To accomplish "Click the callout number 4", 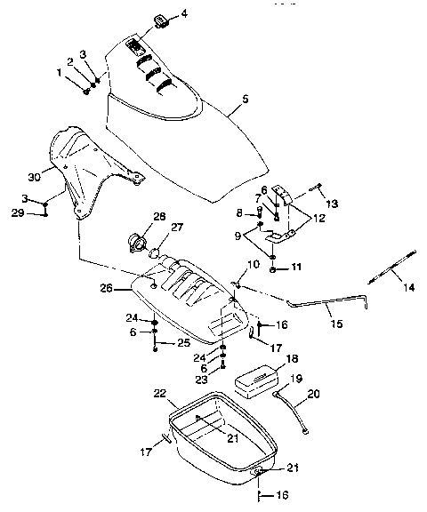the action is click(x=184, y=14).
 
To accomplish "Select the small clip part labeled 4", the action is click(x=161, y=21).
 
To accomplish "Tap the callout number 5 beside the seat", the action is click(x=245, y=99).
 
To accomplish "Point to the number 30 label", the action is click(x=35, y=177).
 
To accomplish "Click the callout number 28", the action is click(x=159, y=216).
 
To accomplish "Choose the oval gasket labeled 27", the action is click(x=155, y=253).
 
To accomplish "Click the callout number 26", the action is click(x=106, y=288).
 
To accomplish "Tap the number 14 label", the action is click(x=409, y=288).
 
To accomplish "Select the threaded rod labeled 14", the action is click(x=391, y=268).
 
